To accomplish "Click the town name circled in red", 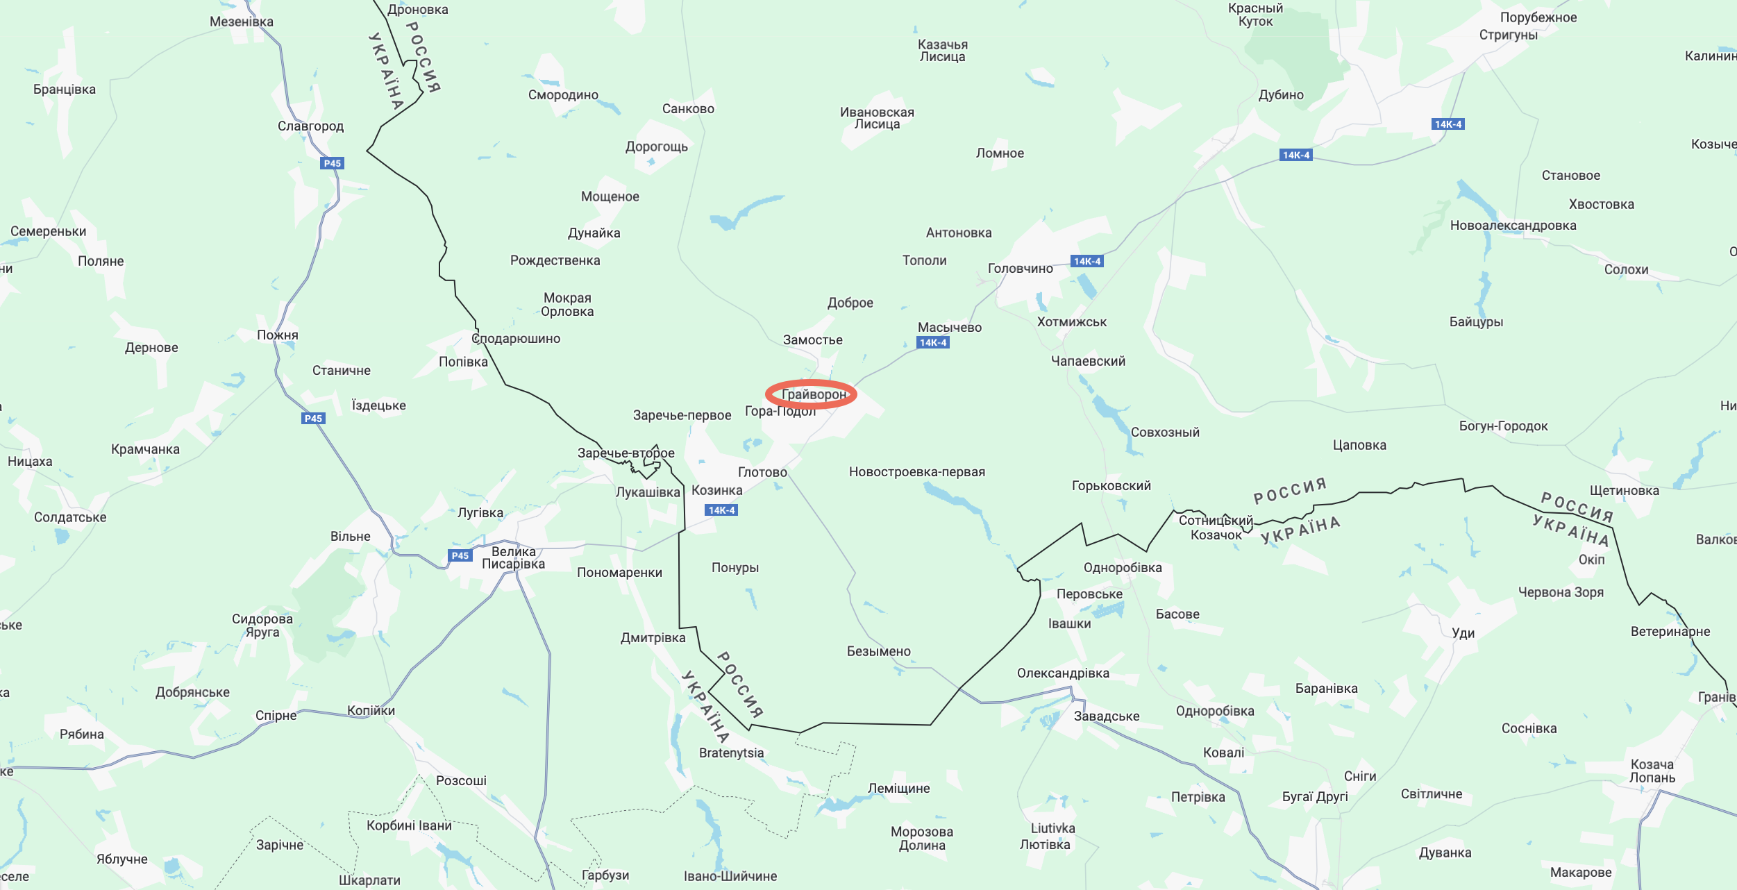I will pyautogui.click(x=814, y=394).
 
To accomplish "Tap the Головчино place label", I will pyautogui.click(x=1020, y=269).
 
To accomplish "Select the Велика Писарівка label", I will pyautogui.click(x=513, y=557).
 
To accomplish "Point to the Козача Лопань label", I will pyautogui.click(x=1652, y=771).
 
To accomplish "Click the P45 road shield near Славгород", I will pyautogui.click(x=333, y=164).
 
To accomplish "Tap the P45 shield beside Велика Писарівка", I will pyautogui.click(x=460, y=555).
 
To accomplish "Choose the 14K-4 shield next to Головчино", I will pyautogui.click(x=1086, y=262).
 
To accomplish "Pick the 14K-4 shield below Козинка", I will pyautogui.click(x=721, y=510).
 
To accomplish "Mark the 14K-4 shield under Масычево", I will pyautogui.click(x=933, y=342).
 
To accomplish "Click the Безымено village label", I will pyautogui.click(x=878, y=651).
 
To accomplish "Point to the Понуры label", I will pyautogui.click(x=735, y=568).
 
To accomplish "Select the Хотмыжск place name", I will pyautogui.click(x=1071, y=322).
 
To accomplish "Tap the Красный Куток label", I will pyautogui.click(x=1255, y=15).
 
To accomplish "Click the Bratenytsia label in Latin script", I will pyautogui.click(x=731, y=753).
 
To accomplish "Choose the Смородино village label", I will pyautogui.click(x=563, y=95).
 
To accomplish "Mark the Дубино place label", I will pyautogui.click(x=1281, y=95).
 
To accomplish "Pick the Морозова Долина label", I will pyautogui.click(x=921, y=839).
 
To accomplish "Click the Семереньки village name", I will pyautogui.click(x=48, y=232).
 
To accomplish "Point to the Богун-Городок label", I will pyautogui.click(x=1503, y=426).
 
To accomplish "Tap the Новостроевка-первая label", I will pyautogui.click(x=916, y=472).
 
